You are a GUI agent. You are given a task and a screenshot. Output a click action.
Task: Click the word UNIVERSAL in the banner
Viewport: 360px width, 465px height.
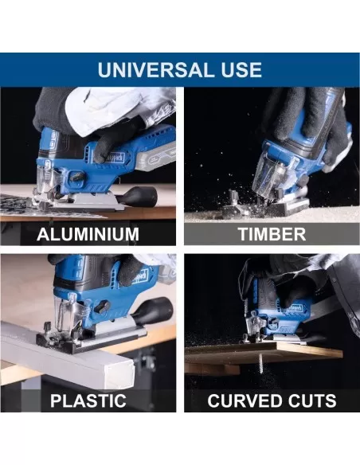pos(153,70)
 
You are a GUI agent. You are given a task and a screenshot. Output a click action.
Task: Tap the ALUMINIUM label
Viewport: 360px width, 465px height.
pos(88,234)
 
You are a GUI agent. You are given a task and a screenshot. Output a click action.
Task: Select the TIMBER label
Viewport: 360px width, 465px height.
pos(272,234)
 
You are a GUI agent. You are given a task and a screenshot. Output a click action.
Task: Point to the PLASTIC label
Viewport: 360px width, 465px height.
pos(88,401)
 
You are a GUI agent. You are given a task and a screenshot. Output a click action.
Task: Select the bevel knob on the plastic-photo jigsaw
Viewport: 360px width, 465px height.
pos(104,306)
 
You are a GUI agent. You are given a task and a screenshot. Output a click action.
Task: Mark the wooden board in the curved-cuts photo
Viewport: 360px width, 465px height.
pos(264,354)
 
